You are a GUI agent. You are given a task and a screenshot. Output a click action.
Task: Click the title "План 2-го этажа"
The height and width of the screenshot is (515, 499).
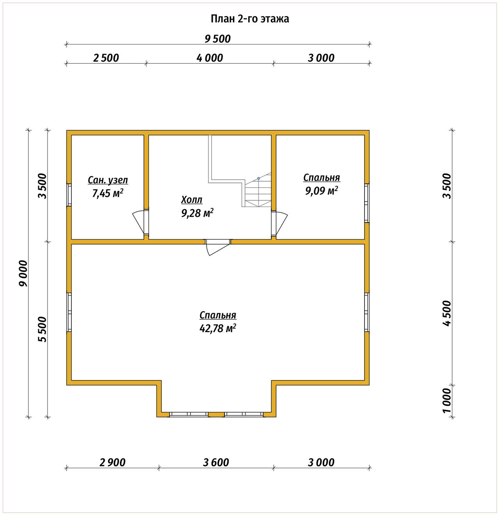point(249,19)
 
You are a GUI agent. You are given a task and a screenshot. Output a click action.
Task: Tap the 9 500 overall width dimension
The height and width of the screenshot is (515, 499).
point(218,39)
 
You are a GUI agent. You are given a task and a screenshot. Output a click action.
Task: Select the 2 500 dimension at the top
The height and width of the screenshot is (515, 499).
point(106,58)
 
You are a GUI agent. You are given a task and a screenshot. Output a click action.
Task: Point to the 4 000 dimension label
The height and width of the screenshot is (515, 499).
point(210,58)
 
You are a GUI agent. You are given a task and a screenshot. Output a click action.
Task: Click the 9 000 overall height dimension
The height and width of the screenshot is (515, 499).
point(23,273)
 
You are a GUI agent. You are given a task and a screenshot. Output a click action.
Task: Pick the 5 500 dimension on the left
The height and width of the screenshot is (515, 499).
point(42,329)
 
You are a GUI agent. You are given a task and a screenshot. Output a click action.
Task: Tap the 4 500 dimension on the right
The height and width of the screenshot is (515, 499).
point(447,313)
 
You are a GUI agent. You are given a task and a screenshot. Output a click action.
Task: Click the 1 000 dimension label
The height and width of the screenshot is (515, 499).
point(447,400)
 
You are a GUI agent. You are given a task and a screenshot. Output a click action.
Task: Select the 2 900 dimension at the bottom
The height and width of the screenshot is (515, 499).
point(112,462)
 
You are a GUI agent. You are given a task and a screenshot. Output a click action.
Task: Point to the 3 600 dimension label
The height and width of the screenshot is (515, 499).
point(216,462)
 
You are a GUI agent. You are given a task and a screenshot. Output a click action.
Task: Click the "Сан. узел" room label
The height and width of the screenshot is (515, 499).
point(108,180)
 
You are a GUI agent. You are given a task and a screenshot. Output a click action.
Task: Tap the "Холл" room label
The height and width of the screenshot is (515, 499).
point(191,200)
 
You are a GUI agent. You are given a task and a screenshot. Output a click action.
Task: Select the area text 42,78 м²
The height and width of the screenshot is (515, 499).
point(218,328)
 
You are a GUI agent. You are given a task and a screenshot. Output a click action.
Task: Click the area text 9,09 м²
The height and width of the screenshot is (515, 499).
point(322,191)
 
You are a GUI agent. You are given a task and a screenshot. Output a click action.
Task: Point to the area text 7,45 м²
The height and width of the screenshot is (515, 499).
point(108,193)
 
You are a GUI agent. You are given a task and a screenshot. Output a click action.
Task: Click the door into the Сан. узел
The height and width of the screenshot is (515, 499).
point(140,222)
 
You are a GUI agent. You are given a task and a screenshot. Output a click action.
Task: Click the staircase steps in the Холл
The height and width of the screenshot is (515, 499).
point(258,189)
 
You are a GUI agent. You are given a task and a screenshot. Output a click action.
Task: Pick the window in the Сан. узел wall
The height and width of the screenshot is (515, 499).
point(69,195)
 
